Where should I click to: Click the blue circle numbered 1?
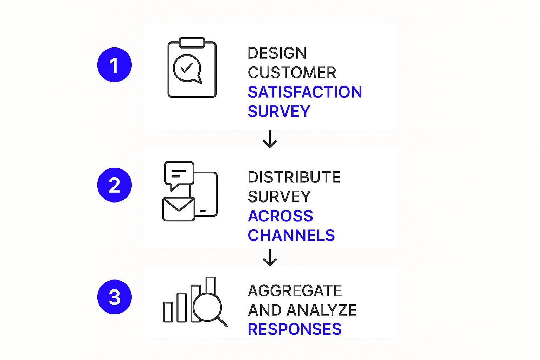pos(115,65)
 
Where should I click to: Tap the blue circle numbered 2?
pos(115,185)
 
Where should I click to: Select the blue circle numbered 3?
pos(115,297)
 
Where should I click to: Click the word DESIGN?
pos(277,53)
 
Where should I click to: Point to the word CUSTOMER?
pos(292,72)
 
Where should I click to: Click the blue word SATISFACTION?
pos(305,92)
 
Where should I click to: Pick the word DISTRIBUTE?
pos(294,177)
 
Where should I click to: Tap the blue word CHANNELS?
pos(291,235)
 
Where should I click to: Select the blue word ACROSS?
pos(280,216)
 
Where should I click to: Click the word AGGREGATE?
pos(295,290)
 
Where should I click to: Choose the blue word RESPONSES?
pos(295,329)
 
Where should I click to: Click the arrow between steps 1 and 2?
pos(270,139)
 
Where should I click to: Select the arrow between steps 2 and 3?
pos(270,257)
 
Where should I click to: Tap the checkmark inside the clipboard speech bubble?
pos(187,68)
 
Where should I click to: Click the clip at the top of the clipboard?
pos(192,43)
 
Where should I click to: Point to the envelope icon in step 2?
pos(179,209)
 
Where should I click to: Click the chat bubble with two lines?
pos(179,174)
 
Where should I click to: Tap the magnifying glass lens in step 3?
pos(207,307)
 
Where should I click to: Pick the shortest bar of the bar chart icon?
pos(168,312)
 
